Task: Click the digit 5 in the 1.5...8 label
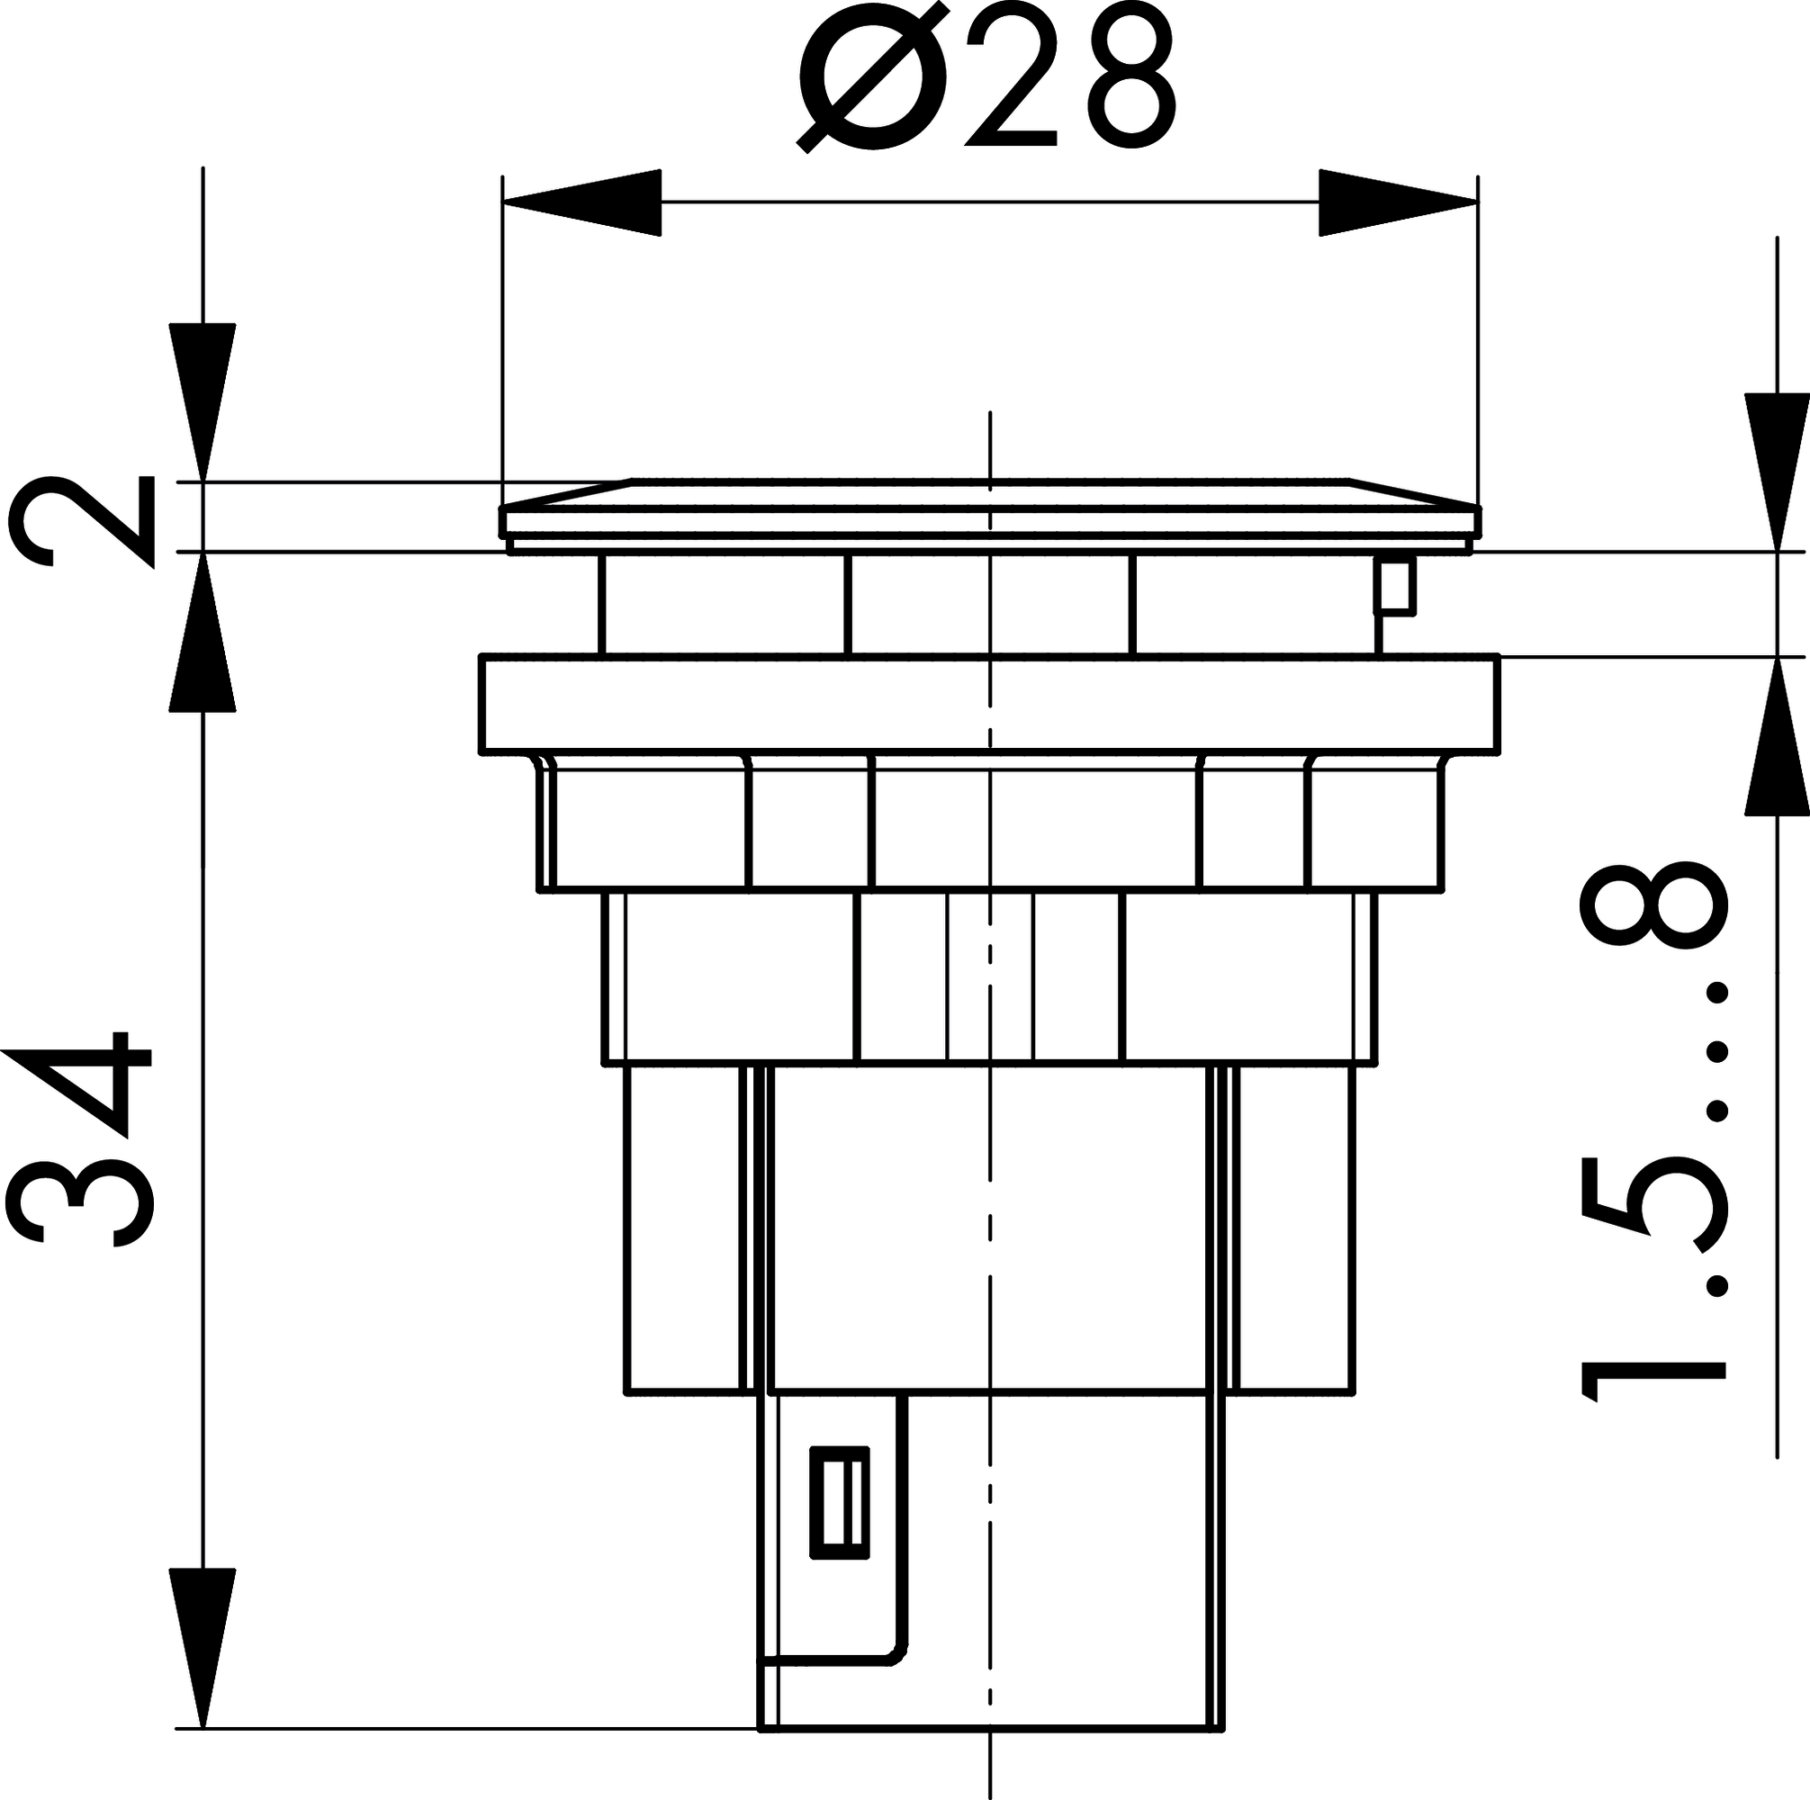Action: [1653, 1203]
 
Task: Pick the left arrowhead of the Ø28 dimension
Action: [581, 202]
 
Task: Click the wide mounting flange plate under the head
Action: [989, 704]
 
